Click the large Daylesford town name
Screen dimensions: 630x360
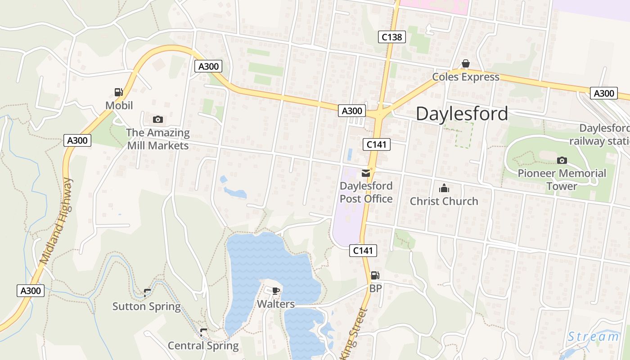(x=462, y=114)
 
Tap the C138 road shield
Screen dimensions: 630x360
(x=391, y=37)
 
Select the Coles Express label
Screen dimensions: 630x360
(x=466, y=77)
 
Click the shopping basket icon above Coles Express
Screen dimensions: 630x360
(x=466, y=64)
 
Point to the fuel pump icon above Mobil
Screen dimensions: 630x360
(x=119, y=92)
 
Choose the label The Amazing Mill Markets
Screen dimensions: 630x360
(x=157, y=139)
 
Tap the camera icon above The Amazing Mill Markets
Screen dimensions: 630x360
(x=157, y=119)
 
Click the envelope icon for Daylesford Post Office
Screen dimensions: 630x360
(x=365, y=173)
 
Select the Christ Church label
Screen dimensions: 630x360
(x=444, y=201)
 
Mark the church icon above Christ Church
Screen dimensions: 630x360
(x=444, y=188)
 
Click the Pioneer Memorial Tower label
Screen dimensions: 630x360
(x=562, y=180)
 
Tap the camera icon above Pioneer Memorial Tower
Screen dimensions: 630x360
(x=562, y=160)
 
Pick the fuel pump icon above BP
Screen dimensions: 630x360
(x=375, y=275)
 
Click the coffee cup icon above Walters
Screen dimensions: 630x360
(x=276, y=291)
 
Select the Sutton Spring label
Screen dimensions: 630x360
(x=146, y=306)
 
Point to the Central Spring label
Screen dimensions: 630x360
(x=203, y=346)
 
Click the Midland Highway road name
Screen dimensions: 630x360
(x=56, y=220)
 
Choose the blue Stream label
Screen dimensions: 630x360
(x=593, y=337)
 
